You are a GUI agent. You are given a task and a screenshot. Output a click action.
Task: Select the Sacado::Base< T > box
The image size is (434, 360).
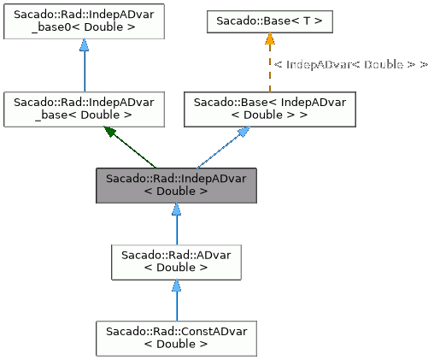269,20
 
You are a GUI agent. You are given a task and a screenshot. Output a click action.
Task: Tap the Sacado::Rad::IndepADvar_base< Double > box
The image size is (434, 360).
84,108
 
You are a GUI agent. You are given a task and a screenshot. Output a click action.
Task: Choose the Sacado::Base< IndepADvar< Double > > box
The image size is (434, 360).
269,108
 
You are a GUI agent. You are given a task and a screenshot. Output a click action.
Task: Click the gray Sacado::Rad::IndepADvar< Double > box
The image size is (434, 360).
175,185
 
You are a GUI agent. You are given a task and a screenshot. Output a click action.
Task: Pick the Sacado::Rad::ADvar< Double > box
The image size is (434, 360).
175,261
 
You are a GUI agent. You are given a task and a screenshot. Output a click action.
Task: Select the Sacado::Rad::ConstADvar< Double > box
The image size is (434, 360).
175,338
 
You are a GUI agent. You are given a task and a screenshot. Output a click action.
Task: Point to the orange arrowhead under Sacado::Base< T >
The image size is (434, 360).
269,40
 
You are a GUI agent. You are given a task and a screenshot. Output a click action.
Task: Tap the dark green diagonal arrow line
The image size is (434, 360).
135,149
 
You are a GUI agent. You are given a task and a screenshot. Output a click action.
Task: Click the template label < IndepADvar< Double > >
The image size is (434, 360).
350,64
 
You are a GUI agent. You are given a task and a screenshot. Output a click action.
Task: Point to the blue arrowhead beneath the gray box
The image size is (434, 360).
175,210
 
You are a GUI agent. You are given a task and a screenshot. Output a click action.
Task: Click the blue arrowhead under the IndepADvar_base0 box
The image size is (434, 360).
84,48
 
